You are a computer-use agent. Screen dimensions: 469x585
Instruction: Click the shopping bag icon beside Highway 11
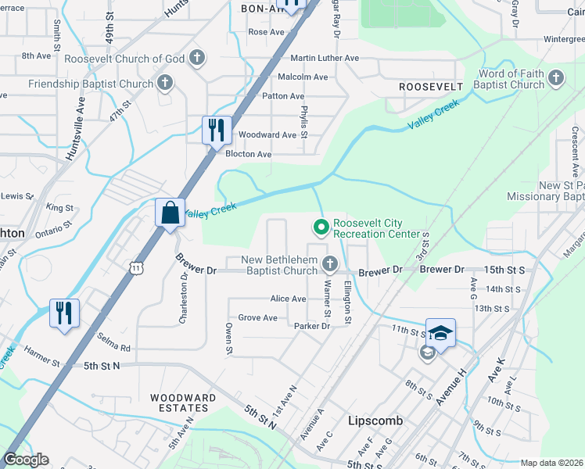point(170,213)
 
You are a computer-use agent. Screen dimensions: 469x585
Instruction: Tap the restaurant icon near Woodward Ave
point(216,130)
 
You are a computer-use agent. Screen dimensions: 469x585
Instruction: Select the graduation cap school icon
point(440,334)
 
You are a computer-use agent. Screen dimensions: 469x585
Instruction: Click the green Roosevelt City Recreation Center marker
point(320,227)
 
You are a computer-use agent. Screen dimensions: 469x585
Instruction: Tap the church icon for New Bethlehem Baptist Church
point(330,263)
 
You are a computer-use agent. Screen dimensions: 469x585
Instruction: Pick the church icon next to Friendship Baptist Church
point(165,83)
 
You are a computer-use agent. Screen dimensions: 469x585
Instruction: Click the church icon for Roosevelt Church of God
point(198,58)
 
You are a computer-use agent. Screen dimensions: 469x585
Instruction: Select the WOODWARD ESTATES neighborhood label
point(183,403)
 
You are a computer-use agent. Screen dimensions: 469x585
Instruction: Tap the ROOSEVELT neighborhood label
point(425,87)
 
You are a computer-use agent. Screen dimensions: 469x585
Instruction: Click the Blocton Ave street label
point(248,155)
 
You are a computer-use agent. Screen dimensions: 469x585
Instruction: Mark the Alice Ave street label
point(288,299)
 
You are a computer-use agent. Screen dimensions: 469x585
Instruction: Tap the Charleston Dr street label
point(184,302)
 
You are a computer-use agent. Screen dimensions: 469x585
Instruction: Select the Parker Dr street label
point(310,326)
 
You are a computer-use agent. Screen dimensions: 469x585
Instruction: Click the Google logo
point(27,460)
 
